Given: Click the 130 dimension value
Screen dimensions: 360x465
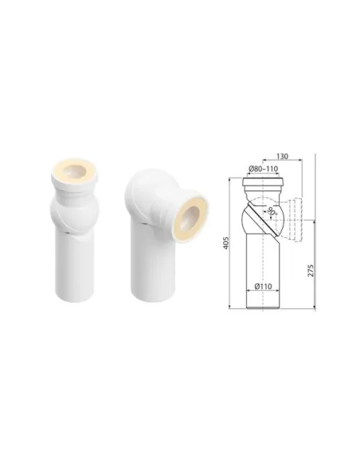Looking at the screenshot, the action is (x=282, y=156).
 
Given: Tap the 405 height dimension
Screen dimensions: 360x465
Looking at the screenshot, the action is (x=226, y=243).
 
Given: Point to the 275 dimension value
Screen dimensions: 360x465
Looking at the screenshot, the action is (x=310, y=271).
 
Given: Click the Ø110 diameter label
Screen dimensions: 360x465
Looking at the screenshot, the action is (x=263, y=287).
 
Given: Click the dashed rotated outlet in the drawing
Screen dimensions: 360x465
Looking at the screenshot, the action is (x=292, y=220).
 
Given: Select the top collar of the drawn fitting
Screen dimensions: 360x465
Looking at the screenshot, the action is (x=263, y=182).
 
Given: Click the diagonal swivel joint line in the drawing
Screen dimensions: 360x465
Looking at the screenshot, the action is (x=264, y=218).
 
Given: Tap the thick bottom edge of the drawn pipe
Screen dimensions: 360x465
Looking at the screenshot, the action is (x=263, y=309).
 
